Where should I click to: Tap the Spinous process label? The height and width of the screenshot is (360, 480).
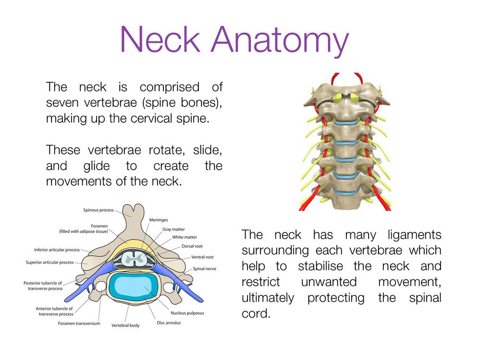98,210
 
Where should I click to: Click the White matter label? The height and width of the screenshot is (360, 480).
184,237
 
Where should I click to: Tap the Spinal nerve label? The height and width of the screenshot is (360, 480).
204,269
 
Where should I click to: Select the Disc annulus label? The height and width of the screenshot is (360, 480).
169,323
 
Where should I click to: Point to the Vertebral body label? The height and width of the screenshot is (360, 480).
125,325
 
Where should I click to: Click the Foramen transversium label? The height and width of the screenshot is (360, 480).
79,324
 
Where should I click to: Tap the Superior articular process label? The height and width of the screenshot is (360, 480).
49,263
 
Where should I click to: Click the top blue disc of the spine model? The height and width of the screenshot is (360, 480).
346,123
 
